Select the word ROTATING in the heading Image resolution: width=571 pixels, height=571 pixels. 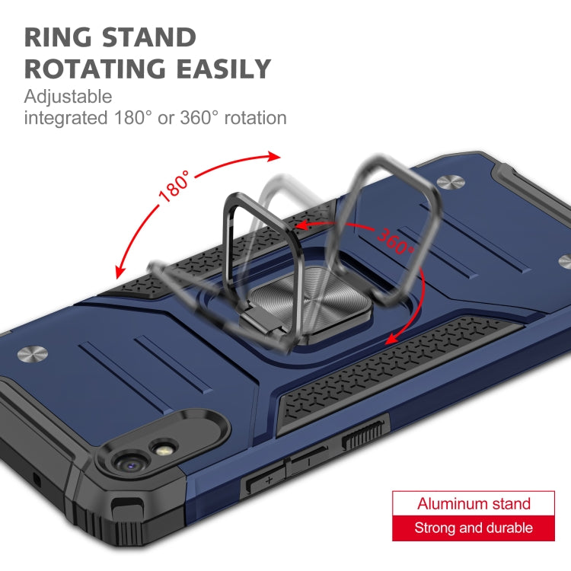click(x=95, y=69)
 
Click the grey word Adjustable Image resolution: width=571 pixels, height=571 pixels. click(x=68, y=97)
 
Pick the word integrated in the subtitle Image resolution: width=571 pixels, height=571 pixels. click(x=66, y=118)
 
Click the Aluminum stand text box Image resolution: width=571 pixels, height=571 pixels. click(x=474, y=504)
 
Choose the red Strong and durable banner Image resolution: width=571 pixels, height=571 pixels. click(x=474, y=528)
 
